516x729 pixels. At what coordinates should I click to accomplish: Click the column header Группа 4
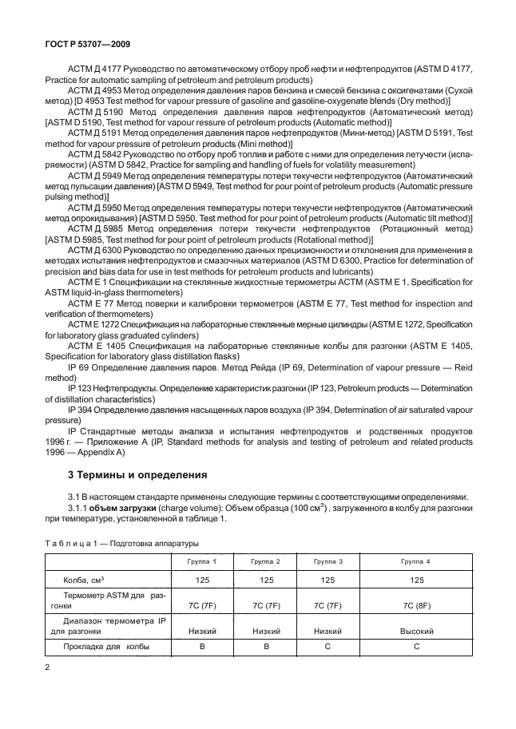[x=416, y=562]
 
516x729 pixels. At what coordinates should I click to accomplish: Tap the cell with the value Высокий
[x=416, y=631]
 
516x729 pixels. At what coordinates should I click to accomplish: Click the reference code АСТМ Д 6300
[x=94, y=249]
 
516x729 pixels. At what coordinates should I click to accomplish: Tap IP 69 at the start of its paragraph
[x=79, y=366]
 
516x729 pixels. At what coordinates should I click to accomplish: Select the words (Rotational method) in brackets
[x=326, y=239]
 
